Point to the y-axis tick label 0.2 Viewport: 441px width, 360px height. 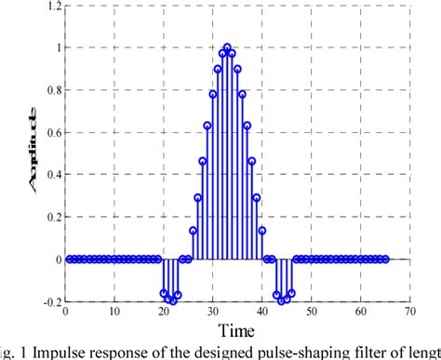[x=47, y=218]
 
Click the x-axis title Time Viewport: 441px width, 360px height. [x=237, y=330]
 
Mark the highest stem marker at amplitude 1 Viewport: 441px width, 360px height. [x=227, y=47]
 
